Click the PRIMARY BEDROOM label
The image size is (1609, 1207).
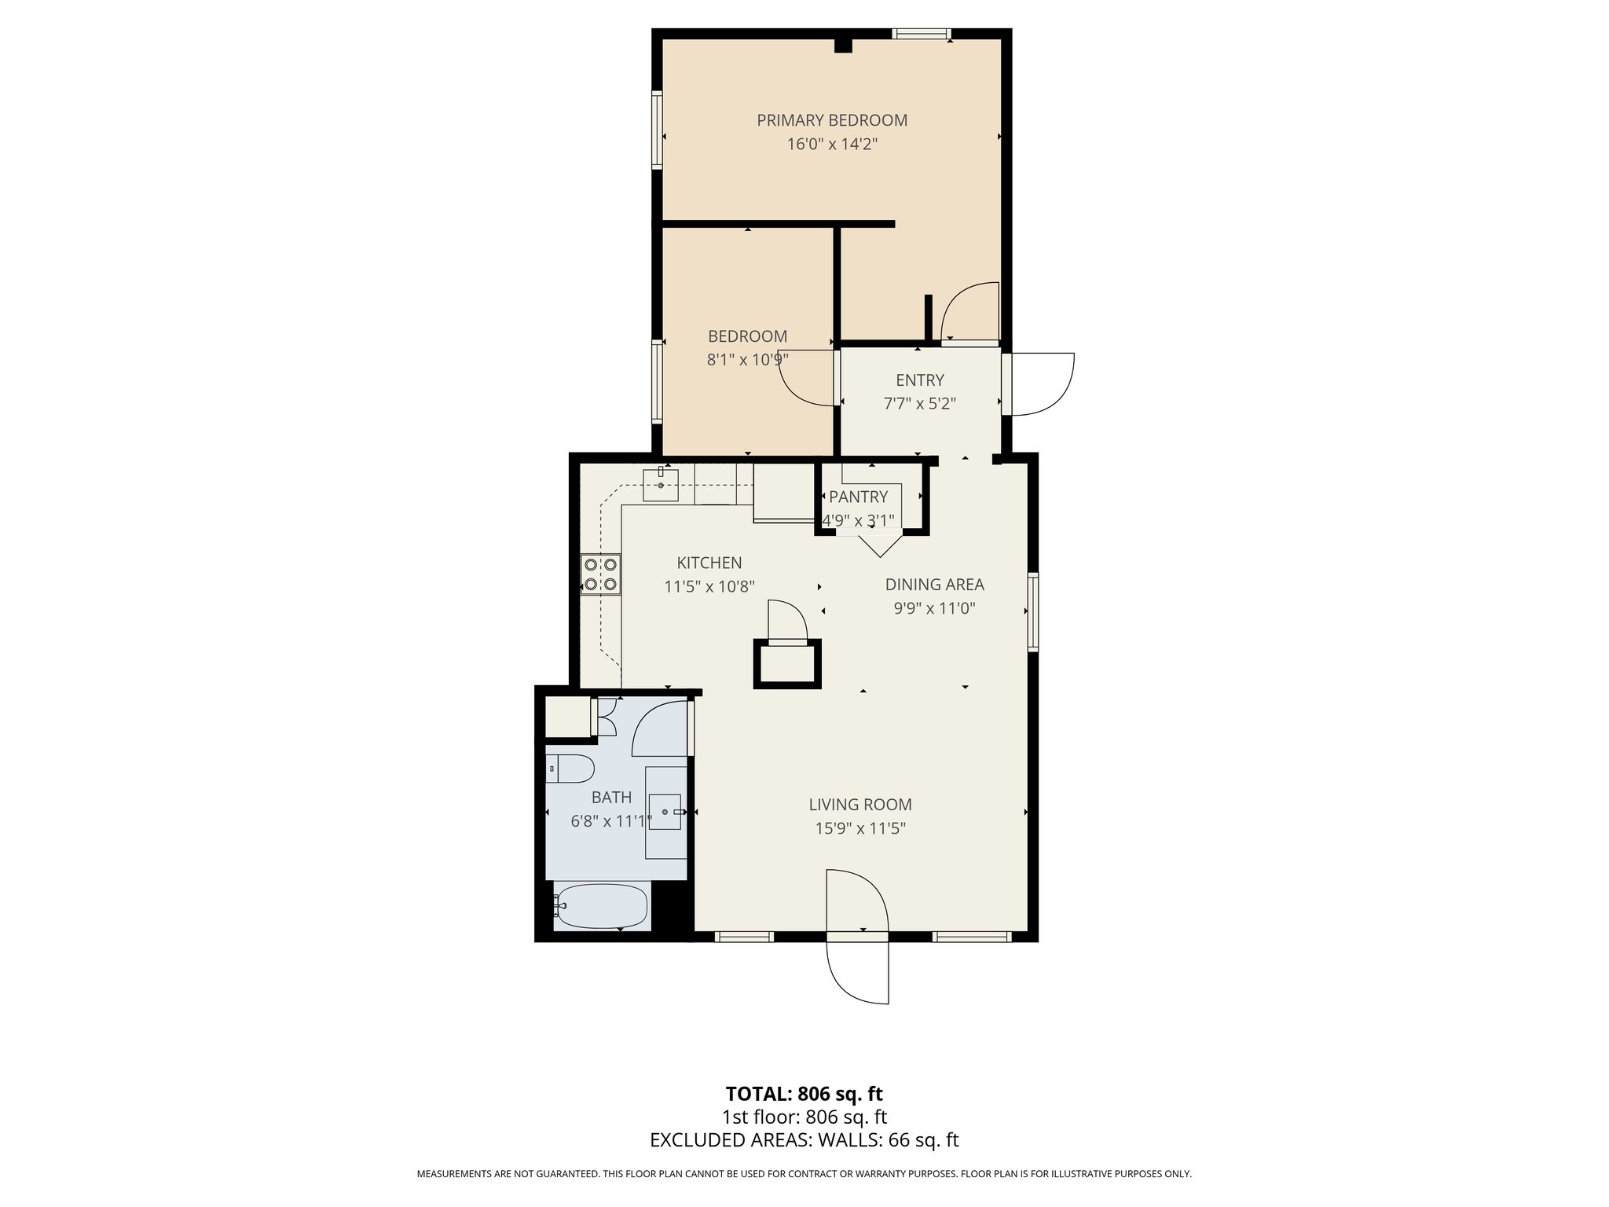(831, 120)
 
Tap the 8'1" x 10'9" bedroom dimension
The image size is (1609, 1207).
(747, 360)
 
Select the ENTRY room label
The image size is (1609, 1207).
(919, 380)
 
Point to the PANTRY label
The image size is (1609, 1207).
(858, 497)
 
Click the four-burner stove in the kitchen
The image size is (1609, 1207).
(600, 574)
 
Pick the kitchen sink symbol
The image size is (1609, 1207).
(660, 484)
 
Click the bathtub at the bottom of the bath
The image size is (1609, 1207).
(601, 907)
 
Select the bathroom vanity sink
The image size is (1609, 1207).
(666, 812)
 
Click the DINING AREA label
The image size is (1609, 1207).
(934, 585)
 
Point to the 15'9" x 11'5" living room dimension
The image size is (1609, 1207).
(860, 828)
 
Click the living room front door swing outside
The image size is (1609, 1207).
(859, 973)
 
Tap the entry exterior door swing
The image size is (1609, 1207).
(1042, 384)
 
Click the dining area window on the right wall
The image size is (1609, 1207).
(1033, 612)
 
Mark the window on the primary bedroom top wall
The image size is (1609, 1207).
(921, 34)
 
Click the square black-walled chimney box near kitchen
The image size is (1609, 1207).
(787, 664)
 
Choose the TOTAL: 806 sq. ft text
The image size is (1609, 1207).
(804, 1094)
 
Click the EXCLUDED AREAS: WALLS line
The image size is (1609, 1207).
(804, 1140)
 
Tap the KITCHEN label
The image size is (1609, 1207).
(709, 563)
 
